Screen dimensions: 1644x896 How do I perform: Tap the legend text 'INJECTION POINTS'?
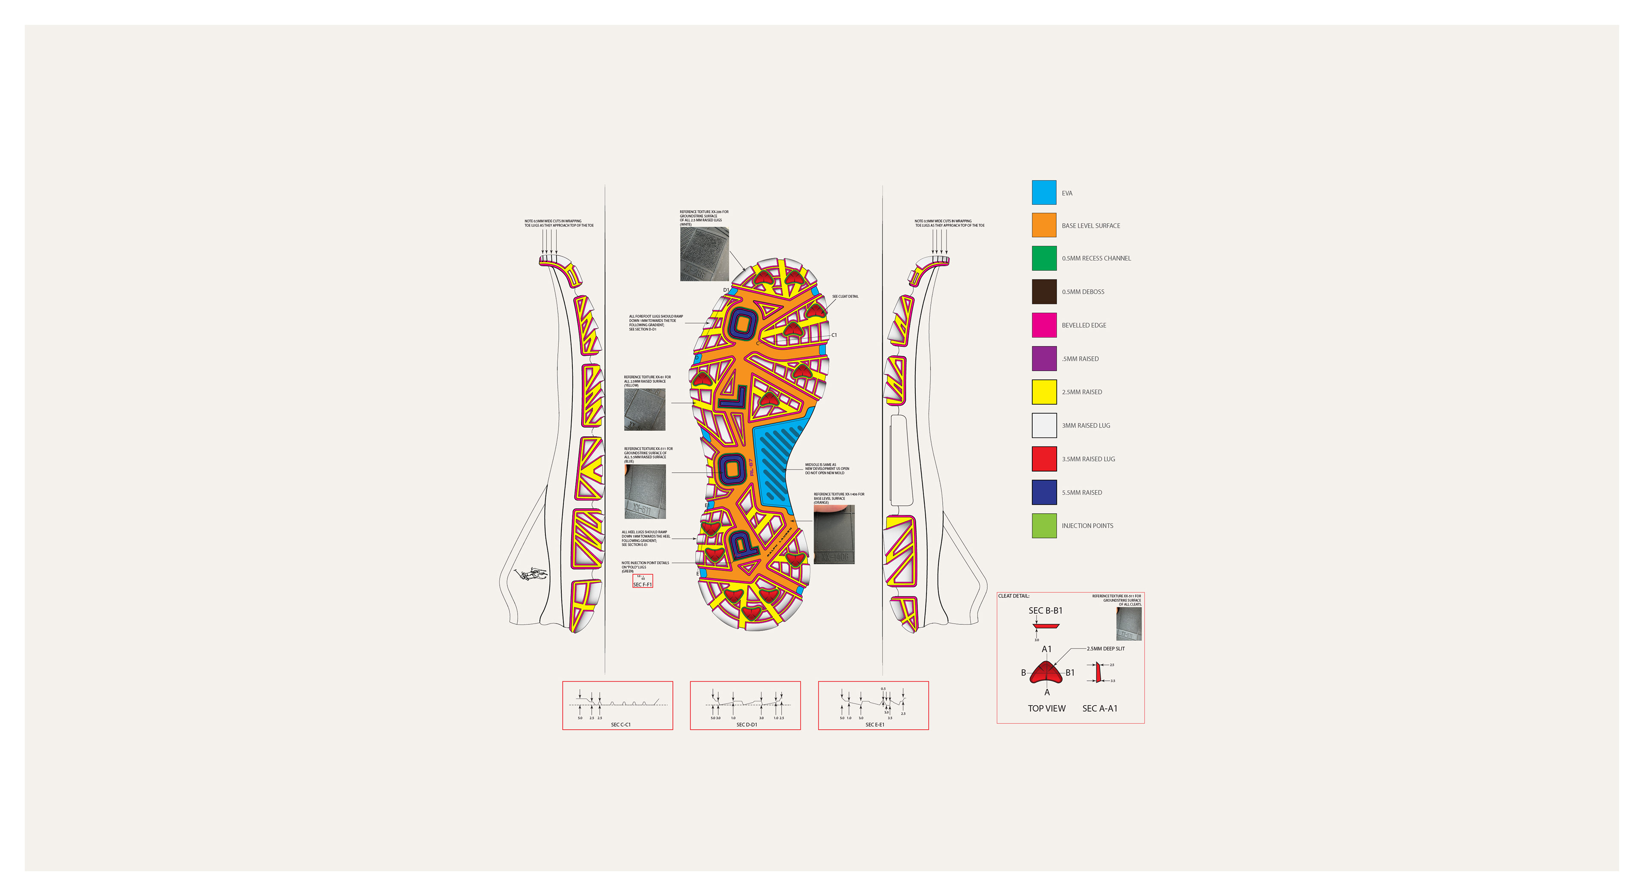click(1087, 526)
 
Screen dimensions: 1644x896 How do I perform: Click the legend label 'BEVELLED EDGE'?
click(1084, 325)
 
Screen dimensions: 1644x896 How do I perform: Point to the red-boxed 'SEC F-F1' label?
click(642, 584)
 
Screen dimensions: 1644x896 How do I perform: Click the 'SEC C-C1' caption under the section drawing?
click(620, 724)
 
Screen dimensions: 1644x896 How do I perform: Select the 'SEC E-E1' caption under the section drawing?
click(874, 724)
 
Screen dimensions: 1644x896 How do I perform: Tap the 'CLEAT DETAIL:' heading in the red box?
click(1013, 596)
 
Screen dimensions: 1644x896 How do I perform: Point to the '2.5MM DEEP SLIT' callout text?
click(1105, 648)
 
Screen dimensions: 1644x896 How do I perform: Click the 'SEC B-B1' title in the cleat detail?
click(1045, 611)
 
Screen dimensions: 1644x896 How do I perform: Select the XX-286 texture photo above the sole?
click(704, 254)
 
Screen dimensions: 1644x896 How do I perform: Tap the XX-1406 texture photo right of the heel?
click(834, 535)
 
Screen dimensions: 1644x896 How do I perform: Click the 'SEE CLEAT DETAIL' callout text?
click(845, 296)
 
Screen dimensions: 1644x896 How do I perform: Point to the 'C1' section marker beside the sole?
click(834, 335)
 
